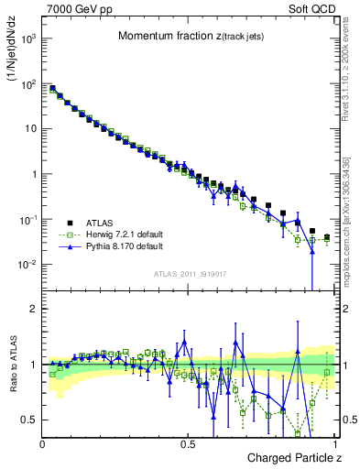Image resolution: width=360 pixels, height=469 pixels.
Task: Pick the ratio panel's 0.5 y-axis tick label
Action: coord(29,420)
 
